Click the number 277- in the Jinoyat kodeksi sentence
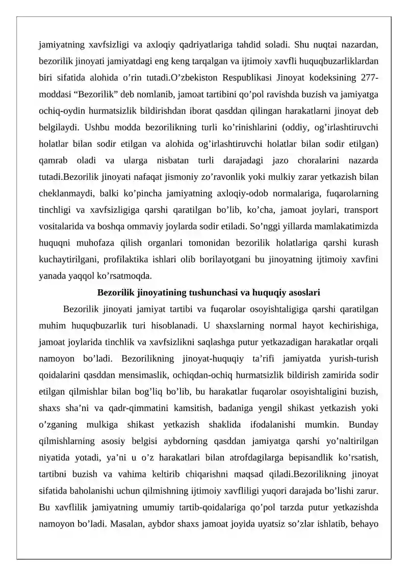click(366, 78)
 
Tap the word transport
click(361, 210)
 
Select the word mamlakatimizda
click(347, 227)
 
